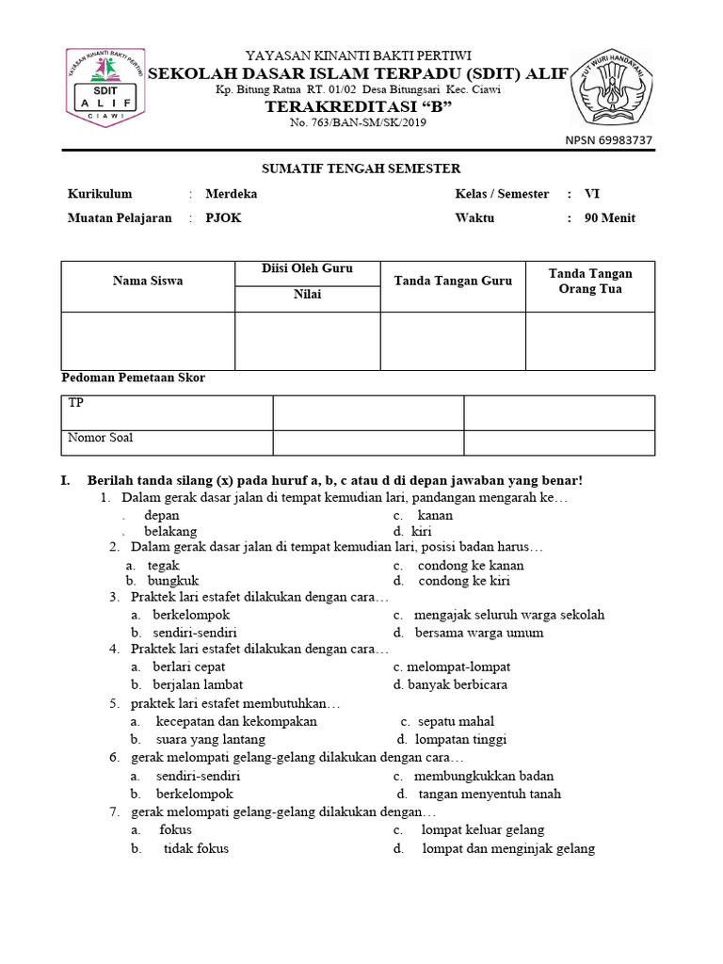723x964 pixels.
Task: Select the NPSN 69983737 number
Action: [608, 140]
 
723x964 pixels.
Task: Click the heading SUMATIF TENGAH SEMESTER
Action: [361, 169]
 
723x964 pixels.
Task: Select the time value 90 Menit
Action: [610, 217]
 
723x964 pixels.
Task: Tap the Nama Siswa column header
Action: [148, 281]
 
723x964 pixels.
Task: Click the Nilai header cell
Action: [307, 295]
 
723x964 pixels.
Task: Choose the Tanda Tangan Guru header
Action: [453, 281]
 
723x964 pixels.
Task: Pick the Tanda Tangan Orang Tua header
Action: [590, 281]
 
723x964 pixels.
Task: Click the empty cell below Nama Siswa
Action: [148, 340]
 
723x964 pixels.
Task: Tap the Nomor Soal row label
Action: [99, 438]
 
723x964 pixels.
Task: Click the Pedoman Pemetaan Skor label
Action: [133, 378]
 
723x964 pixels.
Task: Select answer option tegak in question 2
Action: [164, 565]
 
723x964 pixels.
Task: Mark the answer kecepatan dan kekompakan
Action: [236, 721]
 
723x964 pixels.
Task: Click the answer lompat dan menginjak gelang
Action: [508, 848]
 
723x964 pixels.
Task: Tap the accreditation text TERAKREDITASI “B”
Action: [359, 108]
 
